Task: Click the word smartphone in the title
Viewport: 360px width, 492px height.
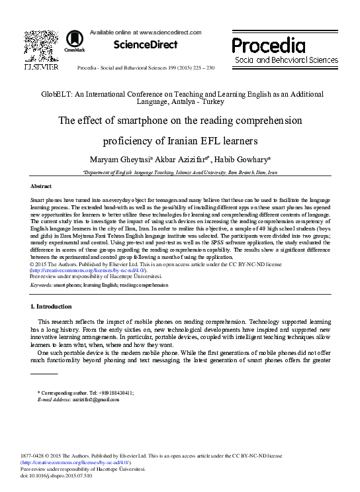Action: click(131, 121)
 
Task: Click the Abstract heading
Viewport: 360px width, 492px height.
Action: click(41, 187)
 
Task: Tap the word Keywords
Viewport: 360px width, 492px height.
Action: click(42, 303)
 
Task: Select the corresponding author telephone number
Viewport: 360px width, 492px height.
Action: click(101, 393)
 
